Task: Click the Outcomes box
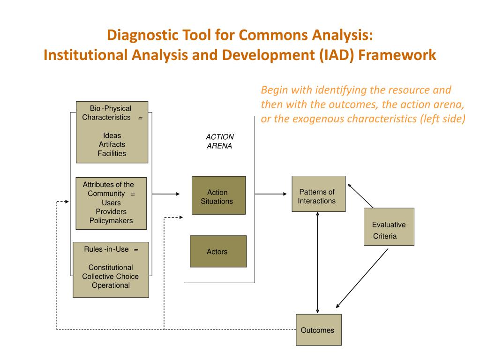(318, 330)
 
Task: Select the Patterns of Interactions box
(318, 194)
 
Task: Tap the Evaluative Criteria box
(389, 226)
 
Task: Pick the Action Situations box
(218, 195)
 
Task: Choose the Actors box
(217, 251)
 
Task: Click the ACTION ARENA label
(219, 141)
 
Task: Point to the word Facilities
(112, 153)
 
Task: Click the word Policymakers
(111, 220)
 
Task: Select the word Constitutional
(111, 267)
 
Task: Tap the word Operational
(111, 285)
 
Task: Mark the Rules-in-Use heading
(106, 249)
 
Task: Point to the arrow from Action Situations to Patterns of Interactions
(271, 194)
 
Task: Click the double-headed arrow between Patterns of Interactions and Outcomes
(318, 262)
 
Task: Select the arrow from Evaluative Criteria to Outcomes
(362, 278)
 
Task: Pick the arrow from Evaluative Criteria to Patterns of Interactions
(360, 195)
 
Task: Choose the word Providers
(111, 211)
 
